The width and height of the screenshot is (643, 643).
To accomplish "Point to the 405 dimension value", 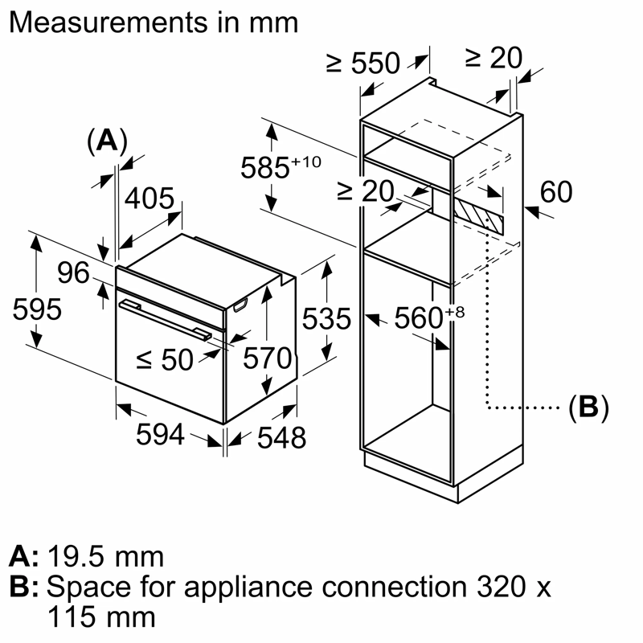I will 149,199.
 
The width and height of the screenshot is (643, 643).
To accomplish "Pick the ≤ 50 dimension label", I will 165,359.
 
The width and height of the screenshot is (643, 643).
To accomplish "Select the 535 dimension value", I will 326,319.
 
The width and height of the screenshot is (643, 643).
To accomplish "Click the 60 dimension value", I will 555,192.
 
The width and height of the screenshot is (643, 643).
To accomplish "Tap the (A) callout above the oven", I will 106,141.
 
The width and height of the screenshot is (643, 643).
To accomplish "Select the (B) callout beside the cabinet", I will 588,408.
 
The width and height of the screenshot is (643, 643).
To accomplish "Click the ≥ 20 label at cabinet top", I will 494,57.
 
